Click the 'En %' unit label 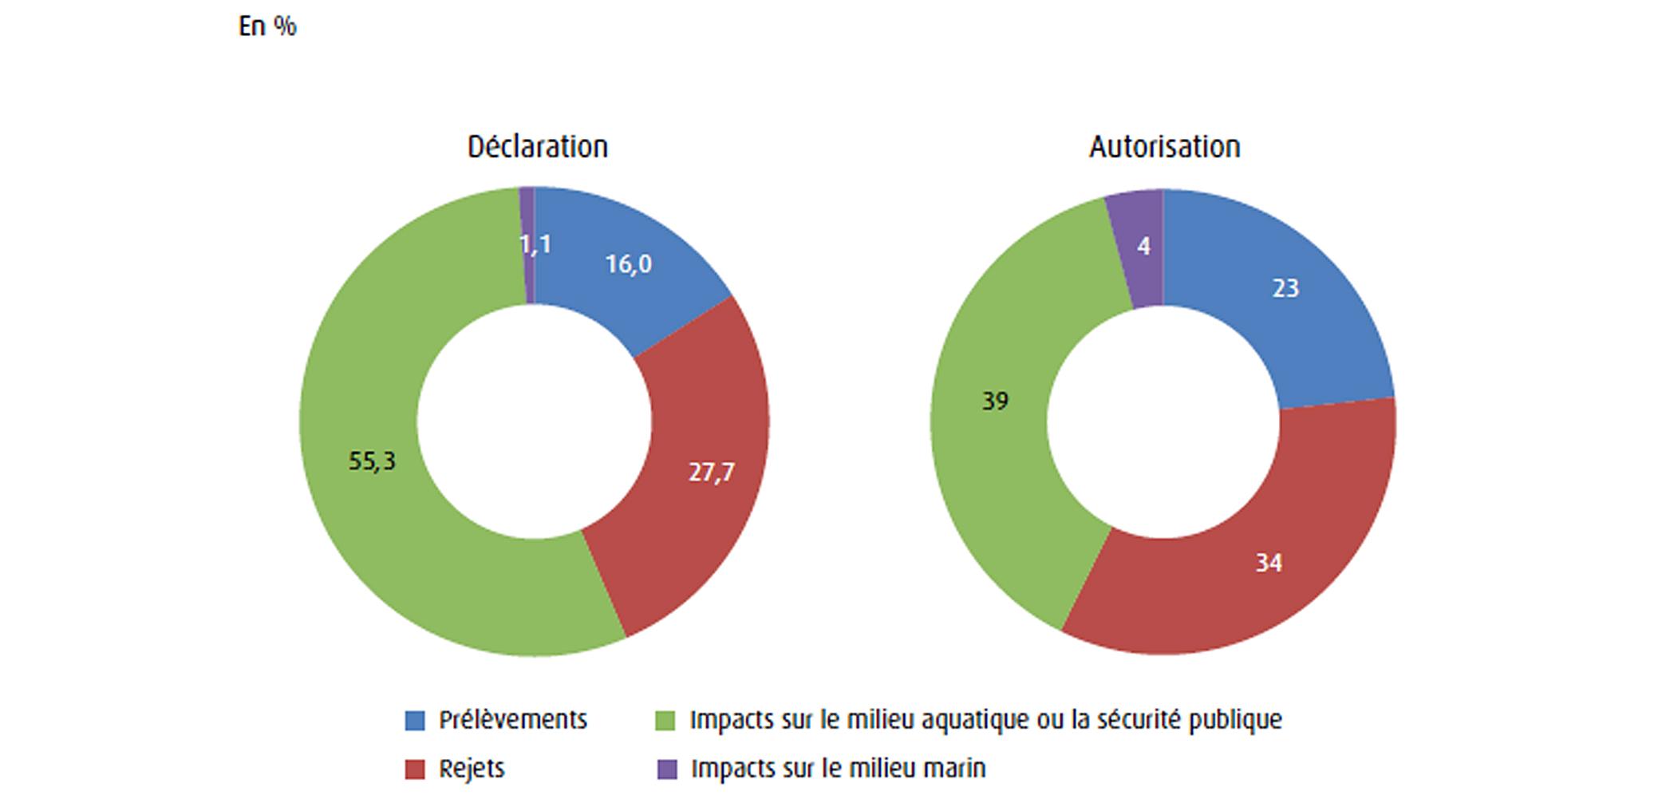click(x=267, y=26)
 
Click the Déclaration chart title click(x=537, y=147)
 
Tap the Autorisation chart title click(x=1164, y=147)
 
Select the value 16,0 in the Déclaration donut click(x=628, y=264)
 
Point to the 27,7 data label click(x=711, y=473)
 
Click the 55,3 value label click(x=372, y=461)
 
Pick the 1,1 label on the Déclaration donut click(x=535, y=244)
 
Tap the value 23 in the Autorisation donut click(x=1285, y=288)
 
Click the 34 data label click(x=1268, y=564)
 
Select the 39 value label click(x=995, y=401)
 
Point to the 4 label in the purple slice click(x=1143, y=247)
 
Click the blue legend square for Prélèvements click(x=415, y=721)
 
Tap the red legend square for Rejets click(x=415, y=769)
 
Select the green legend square click(x=665, y=721)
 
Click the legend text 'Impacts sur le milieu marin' click(x=838, y=769)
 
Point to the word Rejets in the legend click(x=472, y=769)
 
